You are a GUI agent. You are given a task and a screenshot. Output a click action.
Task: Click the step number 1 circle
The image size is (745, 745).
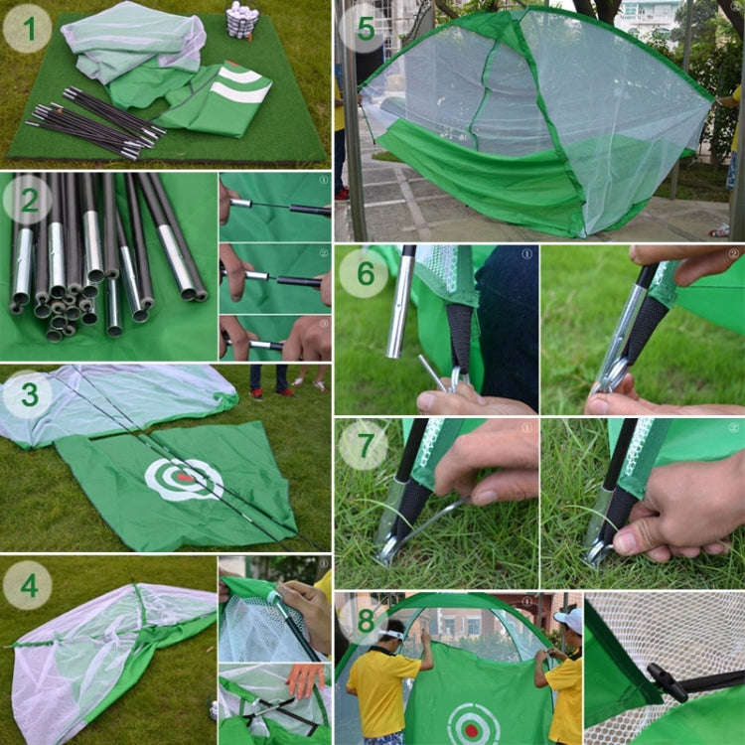point(28,29)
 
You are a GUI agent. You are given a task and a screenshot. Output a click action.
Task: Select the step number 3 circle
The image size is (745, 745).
point(28,394)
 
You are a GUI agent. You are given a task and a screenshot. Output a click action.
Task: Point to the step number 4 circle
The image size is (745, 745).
point(28,585)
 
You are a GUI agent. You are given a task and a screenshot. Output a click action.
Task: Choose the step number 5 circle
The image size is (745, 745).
point(364,29)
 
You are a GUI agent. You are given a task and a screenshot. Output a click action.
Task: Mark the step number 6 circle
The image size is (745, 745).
point(364,272)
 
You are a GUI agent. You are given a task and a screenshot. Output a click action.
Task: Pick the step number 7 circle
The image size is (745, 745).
point(364,444)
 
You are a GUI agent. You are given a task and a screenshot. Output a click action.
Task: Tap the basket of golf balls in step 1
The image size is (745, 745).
point(241,18)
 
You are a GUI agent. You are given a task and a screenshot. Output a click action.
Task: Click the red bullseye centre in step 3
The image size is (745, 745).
point(185,478)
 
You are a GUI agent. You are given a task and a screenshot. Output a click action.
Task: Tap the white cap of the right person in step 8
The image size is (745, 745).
point(569,620)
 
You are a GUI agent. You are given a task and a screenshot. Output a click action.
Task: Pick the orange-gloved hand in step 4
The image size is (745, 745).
point(304,678)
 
